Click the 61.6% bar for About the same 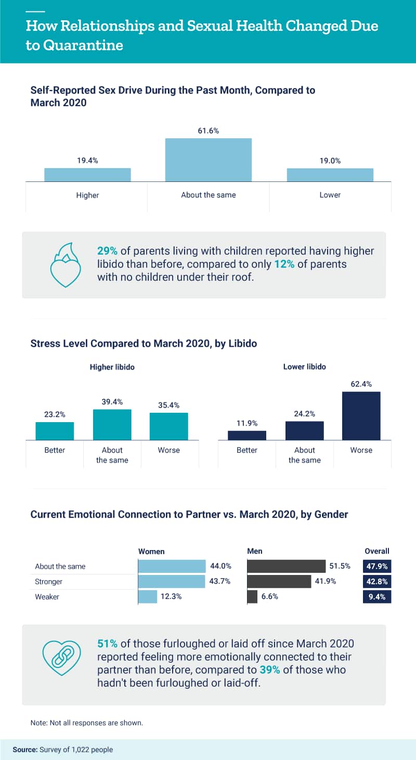(209, 160)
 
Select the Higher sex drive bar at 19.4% (87, 175)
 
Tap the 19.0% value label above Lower (330, 161)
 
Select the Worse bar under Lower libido (361, 416)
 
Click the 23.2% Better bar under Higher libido (55, 431)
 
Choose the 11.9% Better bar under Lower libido (247, 435)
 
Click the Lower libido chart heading (304, 366)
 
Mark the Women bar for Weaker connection (148, 597)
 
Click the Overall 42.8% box (376, 582)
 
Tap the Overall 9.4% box (376, 597)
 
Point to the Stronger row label (49, 582)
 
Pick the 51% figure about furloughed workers (107, 644)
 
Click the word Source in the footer (25, 750)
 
